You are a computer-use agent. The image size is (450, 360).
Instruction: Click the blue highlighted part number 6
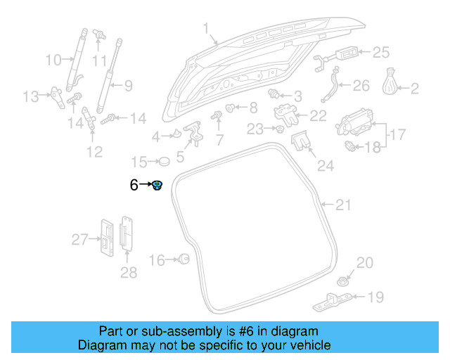click(x=158, y=186)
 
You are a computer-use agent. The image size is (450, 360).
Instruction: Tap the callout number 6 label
click(x=134, y=186)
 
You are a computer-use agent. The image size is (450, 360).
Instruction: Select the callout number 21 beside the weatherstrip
click(x=342, y=205)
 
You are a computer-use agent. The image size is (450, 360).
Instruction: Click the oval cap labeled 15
click(x=164, y=162)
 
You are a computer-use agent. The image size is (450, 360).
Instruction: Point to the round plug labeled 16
click(x=184, y=260)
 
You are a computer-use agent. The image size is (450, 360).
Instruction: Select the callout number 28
click(x=129, y=272)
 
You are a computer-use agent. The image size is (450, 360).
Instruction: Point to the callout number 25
click(x=380, y=52)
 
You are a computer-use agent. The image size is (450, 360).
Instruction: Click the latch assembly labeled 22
click(x=284, y=113)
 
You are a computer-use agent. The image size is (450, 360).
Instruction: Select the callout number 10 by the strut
click(x=53, y=60)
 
